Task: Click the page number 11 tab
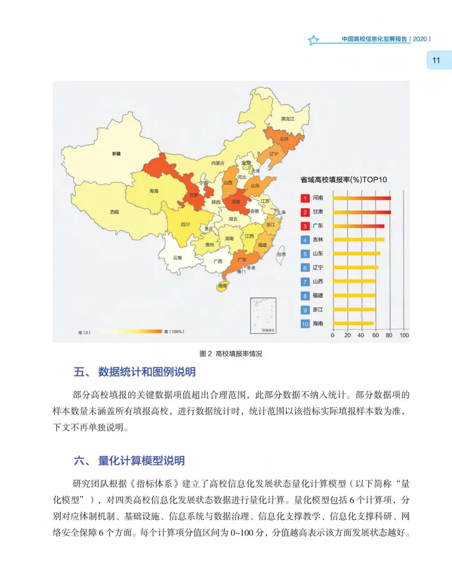coord(437,60)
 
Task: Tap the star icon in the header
coord(313,40)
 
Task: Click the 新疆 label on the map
coord(116,154)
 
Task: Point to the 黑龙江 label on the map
coord(288,119)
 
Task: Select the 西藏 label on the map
coord(115,212)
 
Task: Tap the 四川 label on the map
coord(185,224)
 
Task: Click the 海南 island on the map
coord(222,286)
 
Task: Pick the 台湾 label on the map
coord(281,254)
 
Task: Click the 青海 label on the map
coord(154,191)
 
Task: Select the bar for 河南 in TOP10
coord(362,198)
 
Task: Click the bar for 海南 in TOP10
coord(353,324)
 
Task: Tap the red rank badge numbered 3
coord(305,226)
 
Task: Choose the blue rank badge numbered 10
coord(305,324)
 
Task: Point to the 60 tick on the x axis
coord(375,335)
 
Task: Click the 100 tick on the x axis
coord(404,335)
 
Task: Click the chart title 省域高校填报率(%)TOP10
coord(343,180)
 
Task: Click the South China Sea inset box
coord(263,316)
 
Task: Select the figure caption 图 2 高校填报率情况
coord(231,354)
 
